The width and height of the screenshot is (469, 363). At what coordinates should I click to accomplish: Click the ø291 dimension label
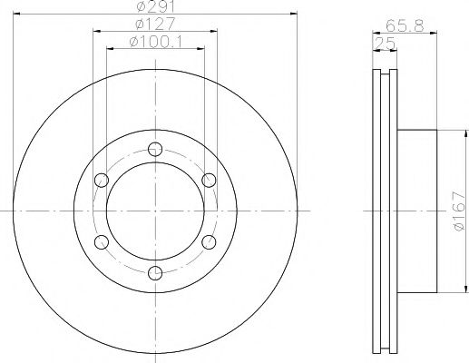pos(153,8)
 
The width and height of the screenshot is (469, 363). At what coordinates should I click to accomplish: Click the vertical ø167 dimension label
pos(459,215)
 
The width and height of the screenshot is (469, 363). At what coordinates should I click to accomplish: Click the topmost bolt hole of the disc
pos(154,150)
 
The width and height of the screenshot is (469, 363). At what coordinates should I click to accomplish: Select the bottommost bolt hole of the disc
pos(154,270)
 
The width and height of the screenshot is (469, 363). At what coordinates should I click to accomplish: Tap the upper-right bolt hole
pos(207,180)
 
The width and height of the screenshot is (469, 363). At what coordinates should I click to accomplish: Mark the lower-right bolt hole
pos(207,240)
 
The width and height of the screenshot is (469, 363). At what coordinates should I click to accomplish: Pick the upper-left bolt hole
pos(102,180)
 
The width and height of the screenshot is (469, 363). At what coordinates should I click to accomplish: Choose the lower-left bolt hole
pos(102,240)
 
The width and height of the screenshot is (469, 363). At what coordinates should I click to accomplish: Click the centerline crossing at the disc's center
pos(154,211)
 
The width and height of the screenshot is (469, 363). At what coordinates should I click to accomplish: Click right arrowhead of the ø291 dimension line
pos(295,14)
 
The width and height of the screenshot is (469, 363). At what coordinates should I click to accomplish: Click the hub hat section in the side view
pos(416,211)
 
